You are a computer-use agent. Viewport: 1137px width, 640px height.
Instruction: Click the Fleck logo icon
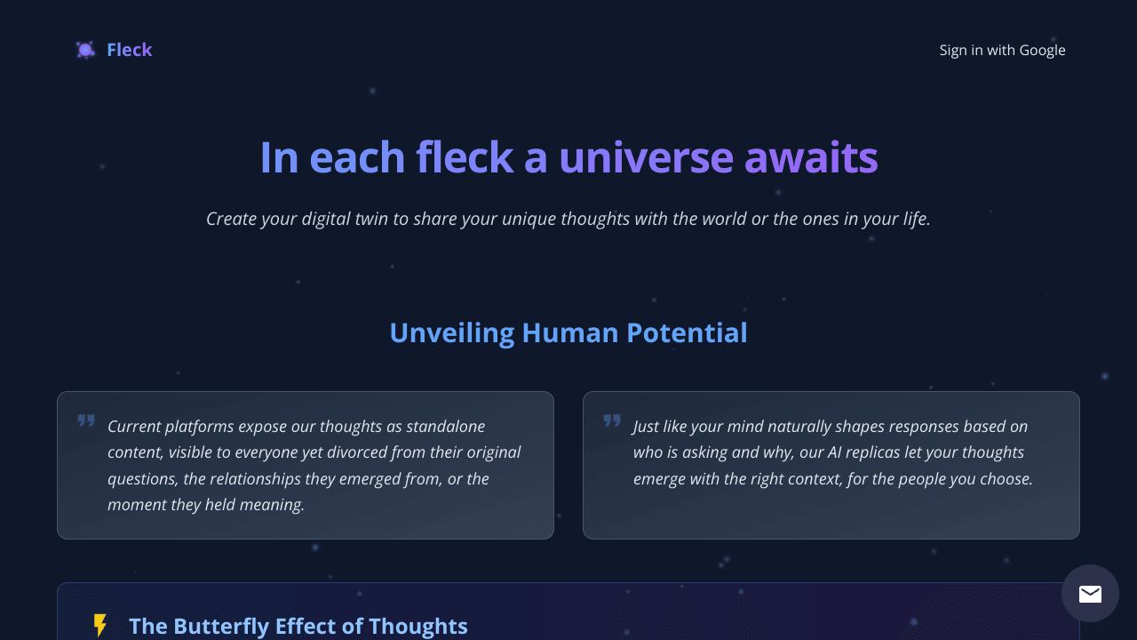coord(85,50)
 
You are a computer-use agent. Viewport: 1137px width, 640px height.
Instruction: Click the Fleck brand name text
coord(130,50)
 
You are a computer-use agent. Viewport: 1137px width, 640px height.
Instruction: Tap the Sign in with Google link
coord(1002,50)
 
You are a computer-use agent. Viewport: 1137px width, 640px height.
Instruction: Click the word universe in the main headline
coord(646,157)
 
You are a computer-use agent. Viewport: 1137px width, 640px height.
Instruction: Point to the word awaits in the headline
coord(811,157)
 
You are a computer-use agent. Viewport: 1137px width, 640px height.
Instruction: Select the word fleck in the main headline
coord(464,157)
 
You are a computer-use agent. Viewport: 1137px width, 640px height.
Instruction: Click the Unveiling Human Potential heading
coord(568,332)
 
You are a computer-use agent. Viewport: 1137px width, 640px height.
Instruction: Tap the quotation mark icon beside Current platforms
coord(86,420)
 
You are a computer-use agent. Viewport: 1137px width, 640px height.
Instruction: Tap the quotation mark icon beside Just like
coord(612,420)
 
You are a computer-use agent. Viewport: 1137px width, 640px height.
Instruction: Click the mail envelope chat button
coord(1090,594)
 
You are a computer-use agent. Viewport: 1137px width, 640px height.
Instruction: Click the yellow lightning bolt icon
coord(100,626)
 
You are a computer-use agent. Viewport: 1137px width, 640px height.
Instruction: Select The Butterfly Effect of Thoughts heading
coord(298,626)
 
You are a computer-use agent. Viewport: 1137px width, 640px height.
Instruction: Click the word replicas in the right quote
coord(876,452)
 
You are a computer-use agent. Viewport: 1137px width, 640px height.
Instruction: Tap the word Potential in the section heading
coord(687,332)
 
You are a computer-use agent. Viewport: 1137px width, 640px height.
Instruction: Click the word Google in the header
coord(1042,50)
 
